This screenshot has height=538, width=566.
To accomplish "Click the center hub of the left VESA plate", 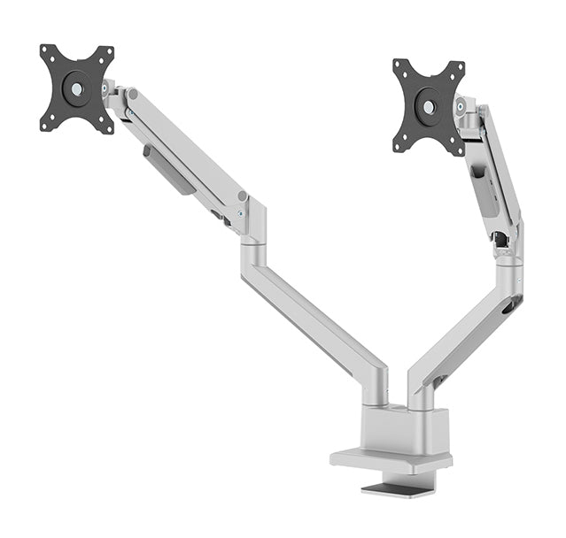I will pyautogui.click(x=77, y=88).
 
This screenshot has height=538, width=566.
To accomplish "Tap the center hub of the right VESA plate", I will pyautogui.click(x=429, y=107).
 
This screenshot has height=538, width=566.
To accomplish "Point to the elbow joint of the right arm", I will pyautogui.click(x=508, y=265).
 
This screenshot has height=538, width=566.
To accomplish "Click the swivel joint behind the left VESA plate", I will pyautogui.click(x=112, y=91).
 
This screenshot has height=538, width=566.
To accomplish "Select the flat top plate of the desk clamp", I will pyautogui.click(x=390, y=460).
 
